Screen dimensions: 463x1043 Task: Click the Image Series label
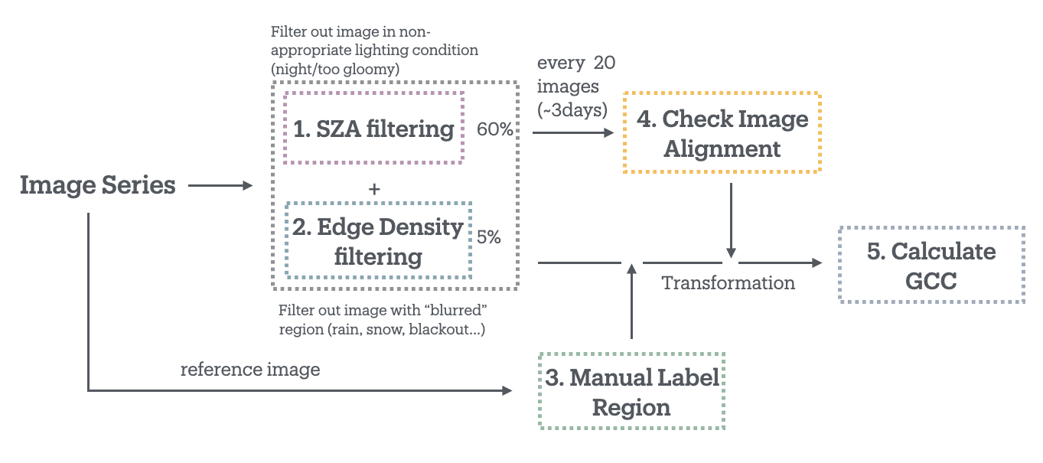coord(97,185)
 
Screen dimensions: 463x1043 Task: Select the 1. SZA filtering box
coord(373,128)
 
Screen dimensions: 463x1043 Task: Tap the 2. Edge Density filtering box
coord(378,240)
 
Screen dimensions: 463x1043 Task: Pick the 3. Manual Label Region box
coord(631,391)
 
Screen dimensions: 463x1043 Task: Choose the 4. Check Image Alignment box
coord(722,133)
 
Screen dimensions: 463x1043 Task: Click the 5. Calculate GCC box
coord(931,265)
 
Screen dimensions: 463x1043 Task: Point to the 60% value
coord(494,129)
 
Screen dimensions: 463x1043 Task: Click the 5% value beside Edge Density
coord(488,237)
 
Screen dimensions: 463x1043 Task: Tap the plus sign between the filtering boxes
coord(374,189)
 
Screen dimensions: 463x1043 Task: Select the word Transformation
coord(728,283)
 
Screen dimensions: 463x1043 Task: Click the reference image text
coord(250,370)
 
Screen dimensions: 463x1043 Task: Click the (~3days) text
coord(572,110)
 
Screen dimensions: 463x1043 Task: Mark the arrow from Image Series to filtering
coord(220,185)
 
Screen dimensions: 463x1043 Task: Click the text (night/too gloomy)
coord(335,69)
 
